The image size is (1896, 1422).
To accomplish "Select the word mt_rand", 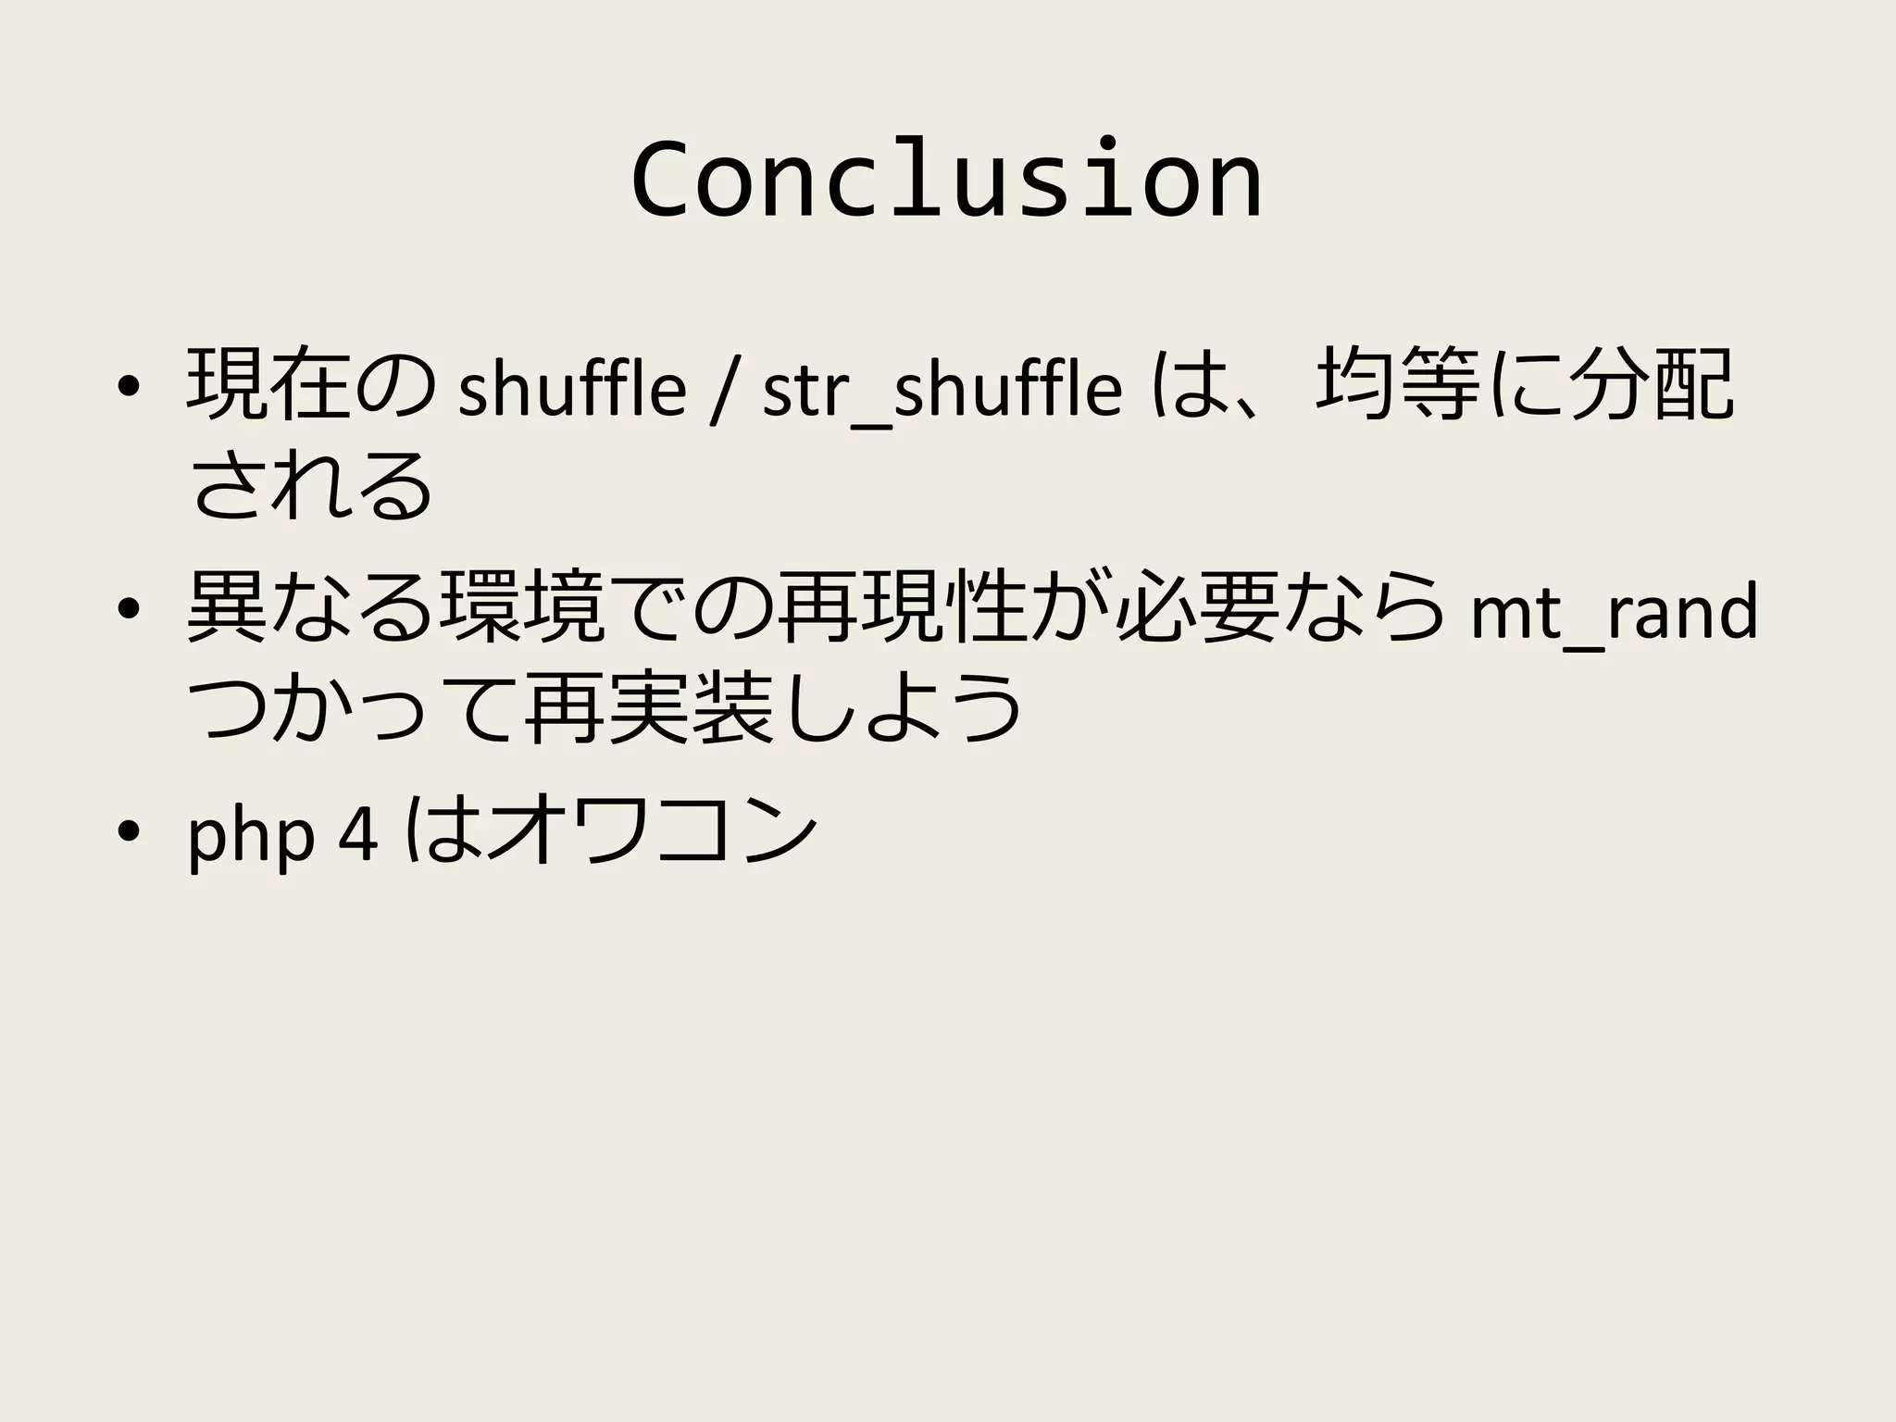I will click(x=1613, y=613).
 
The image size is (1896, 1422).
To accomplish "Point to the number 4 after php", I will click(x=359, y=835).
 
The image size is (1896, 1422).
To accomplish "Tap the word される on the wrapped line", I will click(x=311, y=487).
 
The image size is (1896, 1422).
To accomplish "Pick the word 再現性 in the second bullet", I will click(x=902, y=607).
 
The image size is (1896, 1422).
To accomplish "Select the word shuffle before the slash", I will click(x=572, y=389).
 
